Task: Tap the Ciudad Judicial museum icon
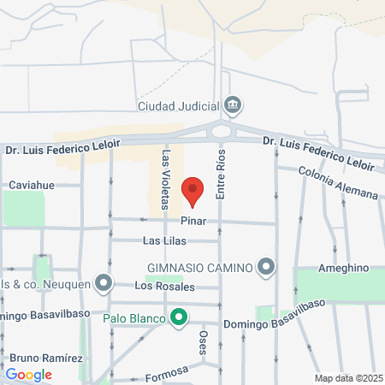click(x=232, y=106)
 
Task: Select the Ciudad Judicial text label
click(x=178, y=107)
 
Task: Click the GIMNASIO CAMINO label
click(x=199, y=268)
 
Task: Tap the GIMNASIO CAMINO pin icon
click(x=267, y=268)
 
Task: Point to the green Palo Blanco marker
click(x=179, y=319)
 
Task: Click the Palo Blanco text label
click(x=135, y=319)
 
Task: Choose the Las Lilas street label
click(x=163, y=241)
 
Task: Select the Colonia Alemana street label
click(x=339, y=182)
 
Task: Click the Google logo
click(x=28, y=374)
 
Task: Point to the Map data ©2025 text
click(x=346, y=378)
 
